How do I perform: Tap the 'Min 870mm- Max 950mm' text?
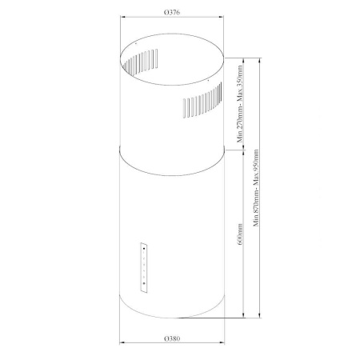coord(255,189)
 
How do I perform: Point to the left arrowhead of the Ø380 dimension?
coord(121,345)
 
